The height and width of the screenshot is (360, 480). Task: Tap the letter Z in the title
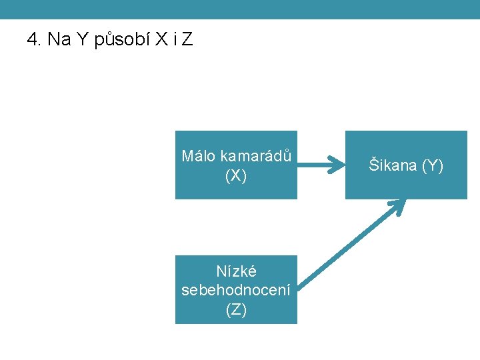click(187, 40)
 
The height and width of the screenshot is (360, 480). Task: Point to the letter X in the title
click(161, 40)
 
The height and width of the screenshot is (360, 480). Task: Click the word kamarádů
click(256, 156)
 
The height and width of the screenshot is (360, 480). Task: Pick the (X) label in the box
click(236, 175)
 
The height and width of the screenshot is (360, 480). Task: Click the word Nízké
click(236, 271)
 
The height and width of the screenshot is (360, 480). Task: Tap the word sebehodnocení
click(236, 290)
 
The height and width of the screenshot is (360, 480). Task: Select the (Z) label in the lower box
click(236, 309)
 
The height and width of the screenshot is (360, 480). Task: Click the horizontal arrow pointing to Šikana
click(320, 165)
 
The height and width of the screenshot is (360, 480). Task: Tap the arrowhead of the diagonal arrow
click(398, 205)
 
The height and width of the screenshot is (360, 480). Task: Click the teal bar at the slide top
click(240, 9)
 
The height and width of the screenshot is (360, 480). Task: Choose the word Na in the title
click(59, 40)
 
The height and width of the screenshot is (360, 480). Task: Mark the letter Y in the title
click(82, 40)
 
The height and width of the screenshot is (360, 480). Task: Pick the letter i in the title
click(175, 40)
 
